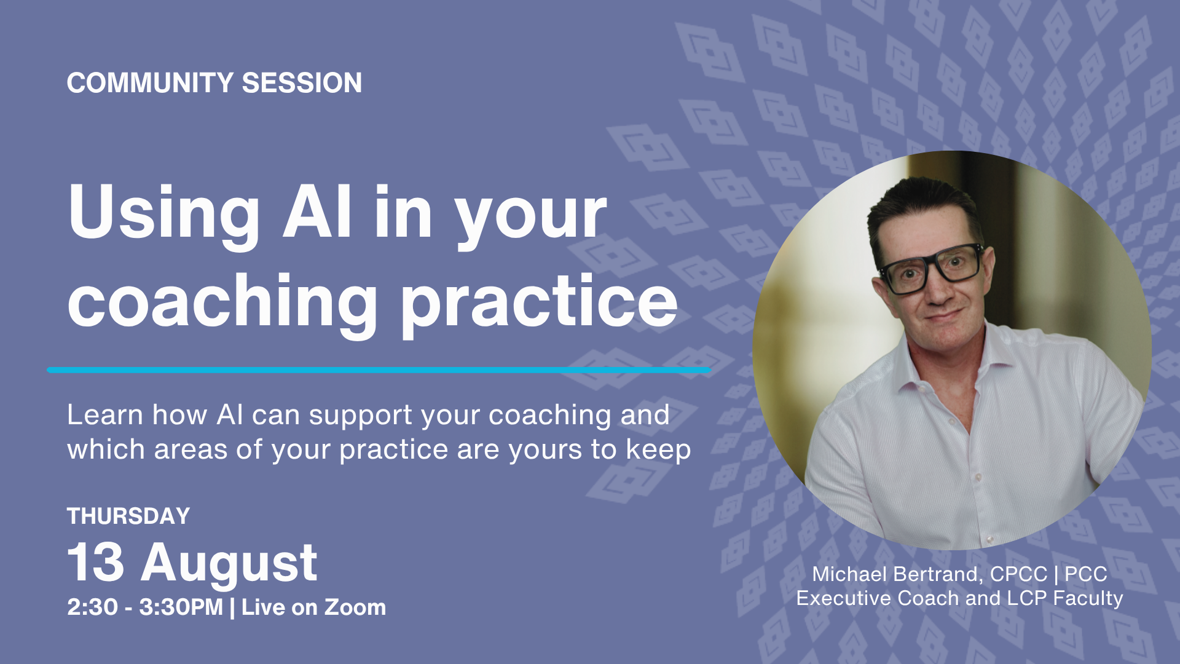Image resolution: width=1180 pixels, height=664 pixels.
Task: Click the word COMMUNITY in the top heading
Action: tap(150, 83)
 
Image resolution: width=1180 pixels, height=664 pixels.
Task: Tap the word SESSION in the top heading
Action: tap(302, 83)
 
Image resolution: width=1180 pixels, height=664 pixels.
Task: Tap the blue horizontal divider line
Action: tap(379, 370)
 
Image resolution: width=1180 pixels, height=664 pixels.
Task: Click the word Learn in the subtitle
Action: tap(105, 415)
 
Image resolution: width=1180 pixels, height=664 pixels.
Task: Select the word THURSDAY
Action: tap(128, 516)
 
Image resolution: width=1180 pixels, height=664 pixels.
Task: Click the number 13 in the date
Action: tap(95, 562)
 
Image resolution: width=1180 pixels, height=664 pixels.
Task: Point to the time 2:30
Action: tap(92, 607)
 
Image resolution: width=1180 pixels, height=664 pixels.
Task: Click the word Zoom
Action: tap(355, 607)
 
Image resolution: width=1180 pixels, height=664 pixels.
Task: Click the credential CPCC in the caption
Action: tap(1018, 574)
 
